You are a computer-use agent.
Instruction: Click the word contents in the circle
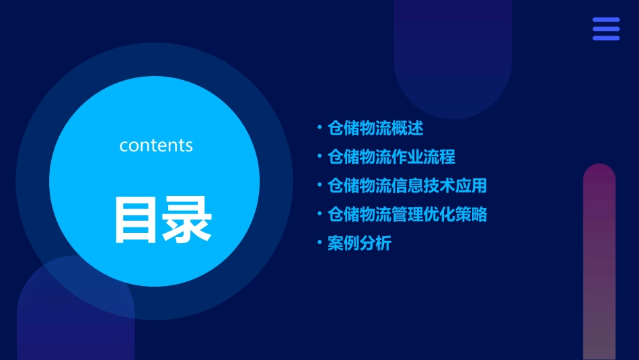point(156,145)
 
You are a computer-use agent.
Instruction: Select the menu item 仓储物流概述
point(375,128)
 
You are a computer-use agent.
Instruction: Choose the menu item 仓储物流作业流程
point(391,157)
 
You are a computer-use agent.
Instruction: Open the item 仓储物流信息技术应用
point(407,186)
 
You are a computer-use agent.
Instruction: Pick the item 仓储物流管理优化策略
point(407,215)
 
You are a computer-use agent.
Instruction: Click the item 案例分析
point(359,244)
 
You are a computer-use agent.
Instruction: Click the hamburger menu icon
point(605,29)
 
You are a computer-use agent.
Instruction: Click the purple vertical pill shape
point(599,262)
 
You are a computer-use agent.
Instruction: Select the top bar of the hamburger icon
point(605,20)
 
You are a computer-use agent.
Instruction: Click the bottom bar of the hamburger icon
point(605,38)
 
